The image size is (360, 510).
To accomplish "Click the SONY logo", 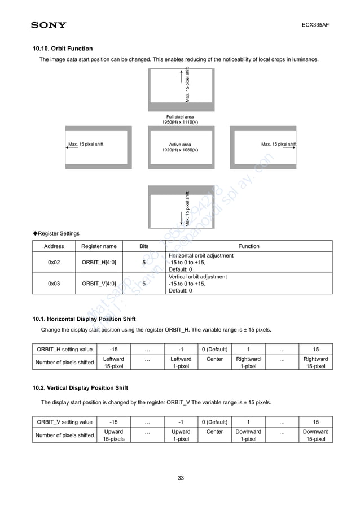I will click(49, 25).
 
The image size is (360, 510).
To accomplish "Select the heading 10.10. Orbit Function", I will click(63, 49).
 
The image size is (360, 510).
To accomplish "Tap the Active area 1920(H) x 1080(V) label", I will click(180, 147).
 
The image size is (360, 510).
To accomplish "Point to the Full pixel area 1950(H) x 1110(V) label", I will click(180, 119).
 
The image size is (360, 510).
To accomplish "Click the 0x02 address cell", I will click(54, 263).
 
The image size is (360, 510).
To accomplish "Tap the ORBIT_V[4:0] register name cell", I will click(99, 284).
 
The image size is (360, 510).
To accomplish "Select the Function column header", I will click(249, 246).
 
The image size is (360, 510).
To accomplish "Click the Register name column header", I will click(99, 246).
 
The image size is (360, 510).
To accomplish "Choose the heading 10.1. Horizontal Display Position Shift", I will click(84, 319).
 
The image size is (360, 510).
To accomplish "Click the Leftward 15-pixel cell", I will click(113, 362).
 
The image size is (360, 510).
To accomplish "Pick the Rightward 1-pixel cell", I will click(248, 362).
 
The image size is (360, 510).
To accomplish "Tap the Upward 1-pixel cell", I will click(181, 435).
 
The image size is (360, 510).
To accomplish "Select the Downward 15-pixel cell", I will click(315, 435).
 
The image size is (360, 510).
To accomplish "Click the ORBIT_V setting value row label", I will click(64, 422).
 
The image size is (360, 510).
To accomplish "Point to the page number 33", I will click(181, 478).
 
